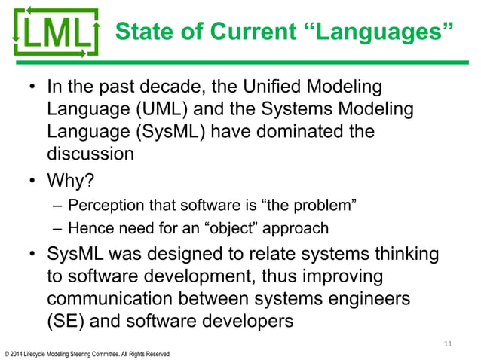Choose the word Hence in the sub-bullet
tap(87, 227)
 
